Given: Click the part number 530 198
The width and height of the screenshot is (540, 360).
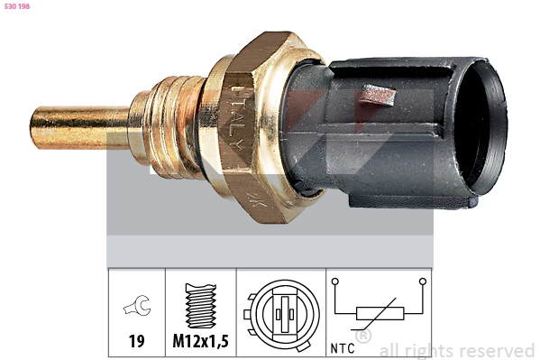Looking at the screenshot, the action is pyautogui.click(x=17, y=6).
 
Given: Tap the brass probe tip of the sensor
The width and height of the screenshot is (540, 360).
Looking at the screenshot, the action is pyautogui.click(x=79, y=127).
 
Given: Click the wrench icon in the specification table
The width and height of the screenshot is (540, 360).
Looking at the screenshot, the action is pyautogui.click(x=137, y=305).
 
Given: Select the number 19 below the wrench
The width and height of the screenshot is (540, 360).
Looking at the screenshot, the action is pyautogui.click(x=136, y=341).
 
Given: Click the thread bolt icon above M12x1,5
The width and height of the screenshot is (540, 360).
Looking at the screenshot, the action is pyautogui.click(x=201, y=306).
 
